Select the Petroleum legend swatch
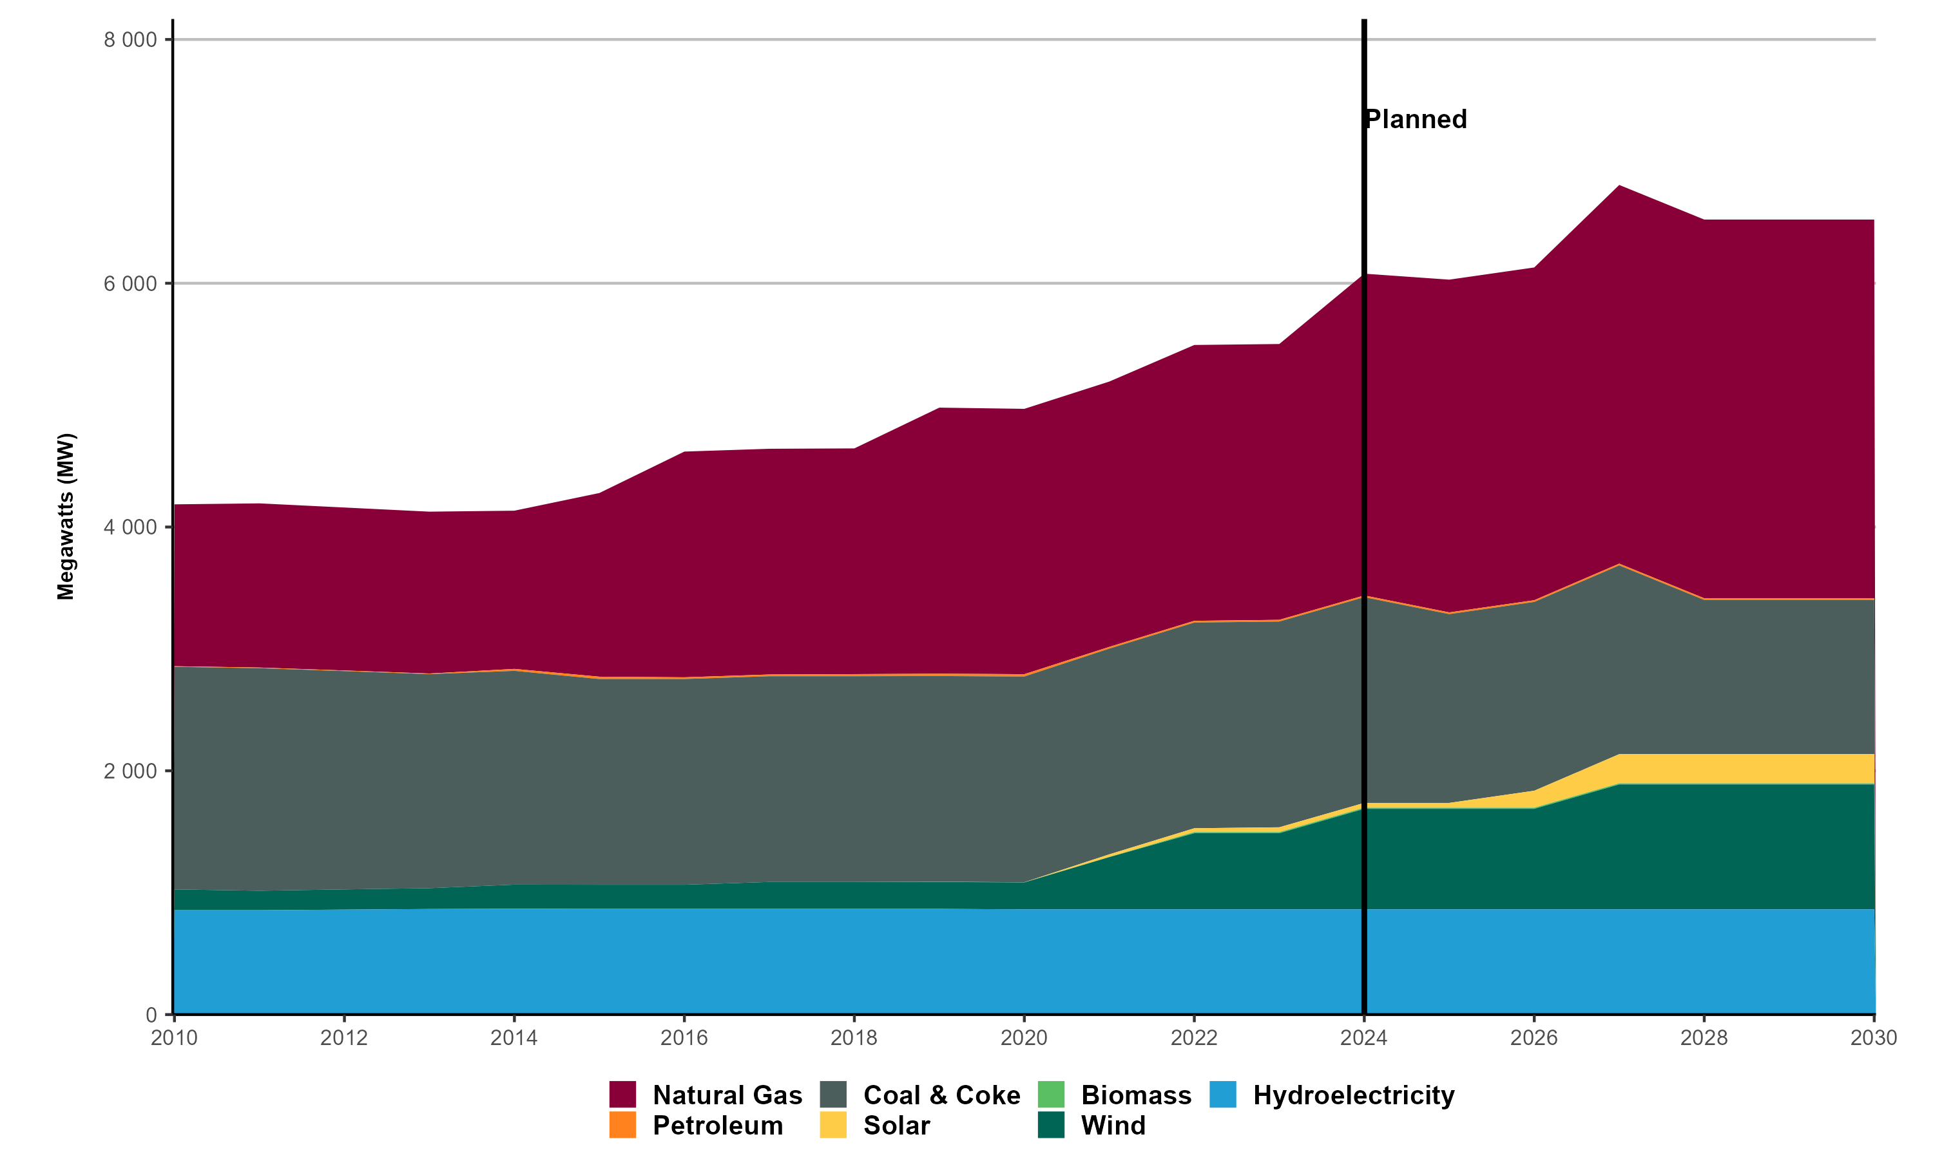tap(622, 1125)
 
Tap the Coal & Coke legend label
tap(941, 1095)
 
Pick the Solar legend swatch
tap(833, 1125)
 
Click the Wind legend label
tap(1113, 1126)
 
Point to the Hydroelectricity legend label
tap(1353, 1095)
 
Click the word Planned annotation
tap(1416, 120)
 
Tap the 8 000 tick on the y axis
tap(131, 40)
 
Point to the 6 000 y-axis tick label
tap(131, 283)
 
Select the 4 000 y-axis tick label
tap(131, 527)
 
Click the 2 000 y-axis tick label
tap(131, 771)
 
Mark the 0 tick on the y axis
tap(151, 1015)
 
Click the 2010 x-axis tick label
tap(174, 1038)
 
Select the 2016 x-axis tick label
tap(684, 1038)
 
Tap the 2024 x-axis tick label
tap(1363, 1038)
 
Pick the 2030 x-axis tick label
tap(1874, 1038)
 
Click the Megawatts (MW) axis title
tap(66, 516)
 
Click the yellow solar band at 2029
tap(1789, 769)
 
